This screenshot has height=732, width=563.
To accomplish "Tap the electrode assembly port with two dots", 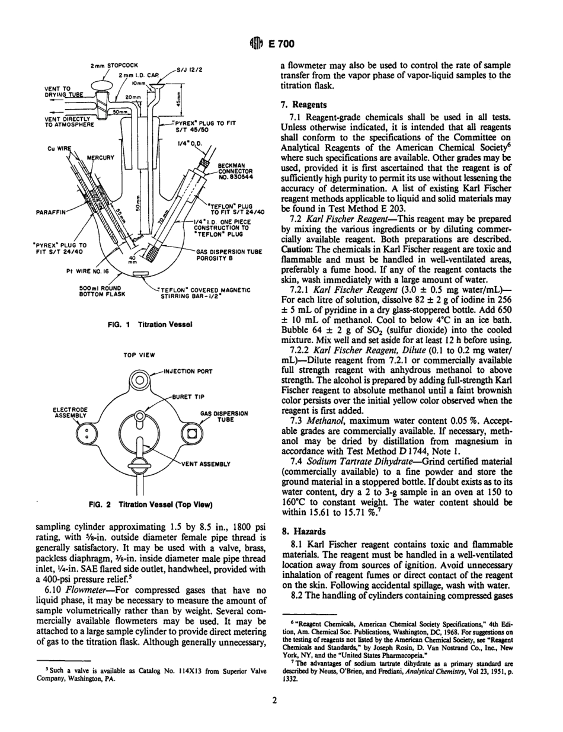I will (87, 437).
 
